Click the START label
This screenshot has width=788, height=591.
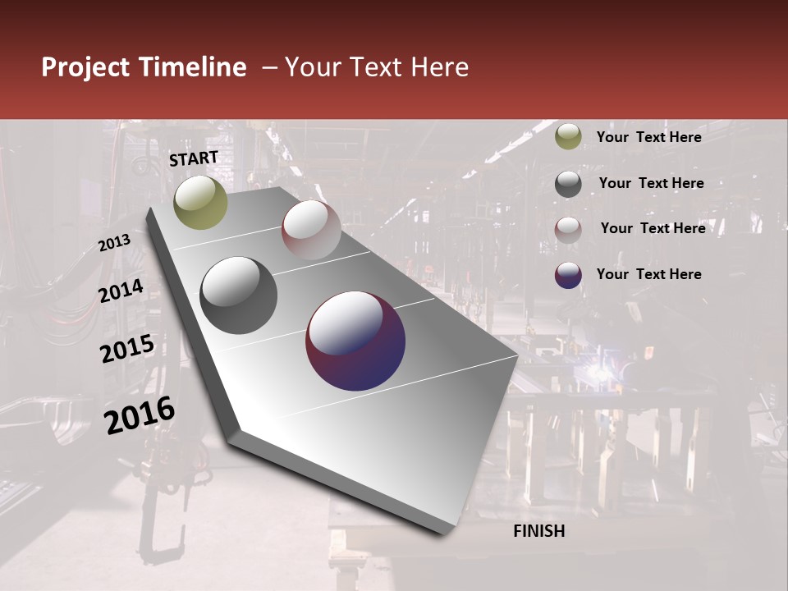tap(194, 158)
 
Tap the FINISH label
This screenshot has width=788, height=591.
tap(539, 531)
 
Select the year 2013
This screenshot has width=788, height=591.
tap(115, 242)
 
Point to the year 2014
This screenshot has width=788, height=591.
tap(121, 291)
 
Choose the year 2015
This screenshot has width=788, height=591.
tap(127, 350)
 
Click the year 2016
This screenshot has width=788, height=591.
tap(140, 415)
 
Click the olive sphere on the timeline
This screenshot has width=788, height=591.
tap(201, 202)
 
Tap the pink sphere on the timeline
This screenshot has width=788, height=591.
tap(311, 229)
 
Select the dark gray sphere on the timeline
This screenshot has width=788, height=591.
tap(239, 295)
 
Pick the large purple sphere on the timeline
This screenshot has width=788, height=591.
tap(355, 341)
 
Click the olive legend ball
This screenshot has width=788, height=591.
tap(568, 137)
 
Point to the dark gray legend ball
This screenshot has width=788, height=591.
tap(568, 184)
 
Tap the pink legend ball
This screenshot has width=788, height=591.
tap(568, 230)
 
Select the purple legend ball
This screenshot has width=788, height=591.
tap(568, 275)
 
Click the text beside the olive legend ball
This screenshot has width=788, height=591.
tap(648, 137)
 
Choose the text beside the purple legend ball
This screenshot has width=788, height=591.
tap(648, 274)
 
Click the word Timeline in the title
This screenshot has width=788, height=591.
tap(193, 67)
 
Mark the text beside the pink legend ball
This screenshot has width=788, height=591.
tap(653, 228)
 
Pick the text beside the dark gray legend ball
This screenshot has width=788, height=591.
tap(651, 183)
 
